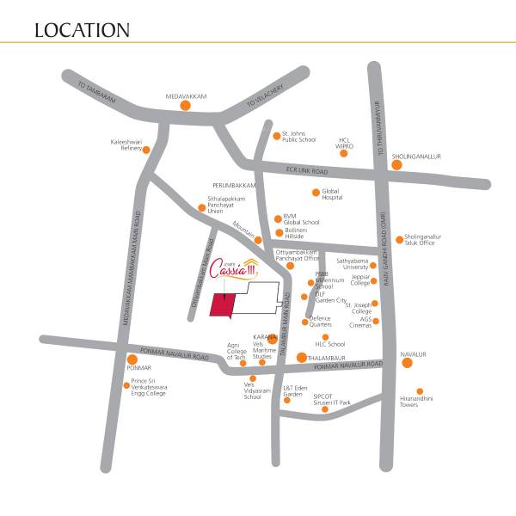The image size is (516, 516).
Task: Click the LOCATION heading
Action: click(x=83, y=31)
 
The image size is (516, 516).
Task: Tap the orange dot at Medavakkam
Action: click(x=185, y=106)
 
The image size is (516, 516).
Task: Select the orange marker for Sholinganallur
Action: click(x=396, y=164)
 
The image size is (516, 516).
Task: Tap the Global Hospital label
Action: click(x=338, y=193)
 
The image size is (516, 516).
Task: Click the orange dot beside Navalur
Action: click(x=407, y=362)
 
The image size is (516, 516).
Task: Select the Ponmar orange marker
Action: click(x=132, y=359)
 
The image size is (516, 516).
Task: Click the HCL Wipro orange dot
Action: click(x=344, y=153)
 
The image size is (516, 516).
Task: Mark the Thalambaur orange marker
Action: click(x=301, y=358)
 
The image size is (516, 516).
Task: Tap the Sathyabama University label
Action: click(x=351, y=262)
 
